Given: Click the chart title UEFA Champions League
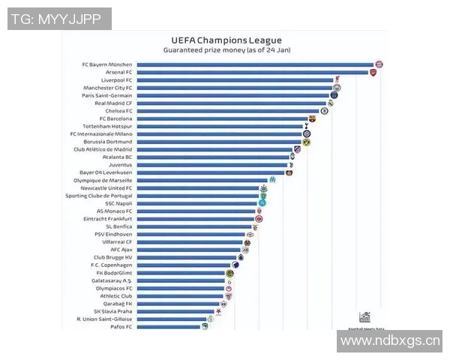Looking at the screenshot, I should point(226,40).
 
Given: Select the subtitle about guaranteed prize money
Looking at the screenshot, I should point(226,49).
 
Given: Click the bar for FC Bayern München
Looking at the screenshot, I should point(255,64).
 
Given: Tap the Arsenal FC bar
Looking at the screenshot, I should point(252,72).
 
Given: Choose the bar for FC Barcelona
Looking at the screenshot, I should point(222,118).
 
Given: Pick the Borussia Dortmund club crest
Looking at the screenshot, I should point(306,142).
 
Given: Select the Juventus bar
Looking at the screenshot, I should point(210,165).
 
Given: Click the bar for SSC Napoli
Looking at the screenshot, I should point(198,203).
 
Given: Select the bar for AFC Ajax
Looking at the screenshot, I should point(190,250).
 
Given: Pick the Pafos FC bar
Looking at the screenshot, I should point(168,327).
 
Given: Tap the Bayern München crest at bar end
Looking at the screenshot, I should point(379,64).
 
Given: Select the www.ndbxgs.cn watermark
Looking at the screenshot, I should point(389,341).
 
